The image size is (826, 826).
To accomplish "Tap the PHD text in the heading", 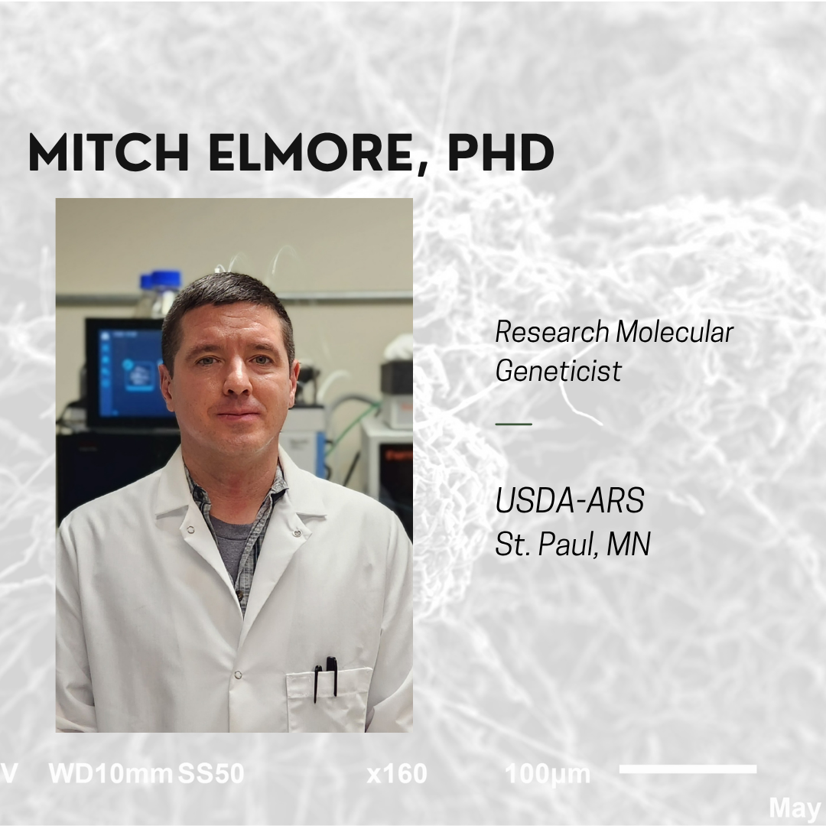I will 500,153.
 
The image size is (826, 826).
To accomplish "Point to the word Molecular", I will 675,332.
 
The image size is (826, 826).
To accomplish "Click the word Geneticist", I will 558,371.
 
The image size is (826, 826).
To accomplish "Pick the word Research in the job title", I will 552,332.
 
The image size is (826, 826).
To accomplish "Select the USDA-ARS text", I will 570,502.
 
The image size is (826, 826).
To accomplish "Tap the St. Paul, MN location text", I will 573,545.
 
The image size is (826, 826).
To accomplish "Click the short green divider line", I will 513,423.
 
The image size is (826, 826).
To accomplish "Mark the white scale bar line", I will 688,769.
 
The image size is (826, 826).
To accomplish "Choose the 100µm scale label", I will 548,774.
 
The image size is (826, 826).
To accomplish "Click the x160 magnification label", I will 397,774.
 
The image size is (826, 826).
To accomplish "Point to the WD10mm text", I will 110,774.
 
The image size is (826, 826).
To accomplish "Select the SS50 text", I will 211,774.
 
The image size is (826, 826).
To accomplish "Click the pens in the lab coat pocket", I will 325,677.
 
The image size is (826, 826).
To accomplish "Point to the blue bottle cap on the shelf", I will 165,279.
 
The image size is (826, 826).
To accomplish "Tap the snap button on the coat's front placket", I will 238,675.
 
